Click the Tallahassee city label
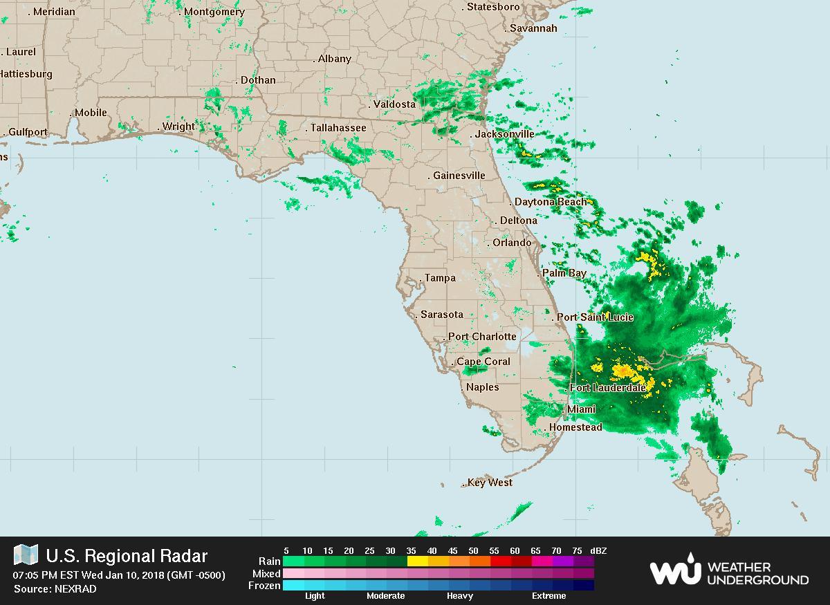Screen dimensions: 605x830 (x=338, y=128)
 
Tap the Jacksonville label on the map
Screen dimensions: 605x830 (x=504, y=134)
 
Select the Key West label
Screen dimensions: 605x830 (x=490, y=483)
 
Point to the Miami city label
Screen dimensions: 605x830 (x=581, y=409)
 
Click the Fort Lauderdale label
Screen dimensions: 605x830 (x=608, y=388)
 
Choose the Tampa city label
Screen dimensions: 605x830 (x=440, y=278)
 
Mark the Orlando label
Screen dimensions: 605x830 (x=512, y=243)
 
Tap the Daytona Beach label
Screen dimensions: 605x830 (x=551, y=202)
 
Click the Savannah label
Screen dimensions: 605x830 (x=533, y=28)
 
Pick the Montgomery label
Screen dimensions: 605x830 (x=214, y=12)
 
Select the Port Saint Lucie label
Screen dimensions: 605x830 (x=595, y=317)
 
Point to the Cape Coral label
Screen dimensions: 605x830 (x=483, y=362)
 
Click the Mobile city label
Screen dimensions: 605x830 (x=91, y=113)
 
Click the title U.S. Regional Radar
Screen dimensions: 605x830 (x=127, y=556)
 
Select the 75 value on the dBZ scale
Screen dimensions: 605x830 (x=577, y=551)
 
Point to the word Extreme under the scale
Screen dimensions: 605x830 (x=548, y=596)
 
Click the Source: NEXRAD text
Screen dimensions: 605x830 (x=55, y=589)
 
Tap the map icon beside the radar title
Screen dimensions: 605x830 (x=26, y=555)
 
